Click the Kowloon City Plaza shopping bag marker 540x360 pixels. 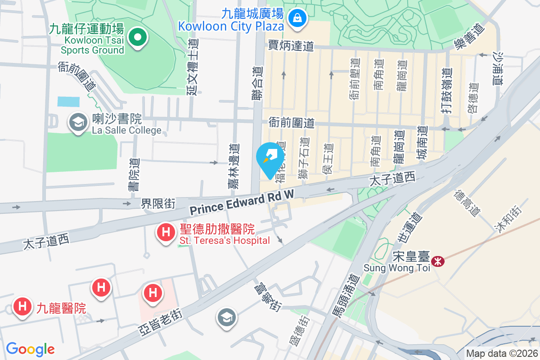click(x=297, y=18)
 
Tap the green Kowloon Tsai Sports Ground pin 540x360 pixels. click(x=138, y=38)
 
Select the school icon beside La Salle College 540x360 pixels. click(x=78, y=122)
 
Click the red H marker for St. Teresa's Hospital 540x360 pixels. click(x=166, y=233)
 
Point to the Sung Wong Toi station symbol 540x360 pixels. click(x=437, y=261)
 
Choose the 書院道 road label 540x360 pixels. click(x=134, y=175)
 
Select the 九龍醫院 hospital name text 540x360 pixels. click(x=61, y=308)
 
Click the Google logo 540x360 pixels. click(x=30, y=349)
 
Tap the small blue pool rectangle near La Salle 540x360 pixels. click(x=68, y=101)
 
